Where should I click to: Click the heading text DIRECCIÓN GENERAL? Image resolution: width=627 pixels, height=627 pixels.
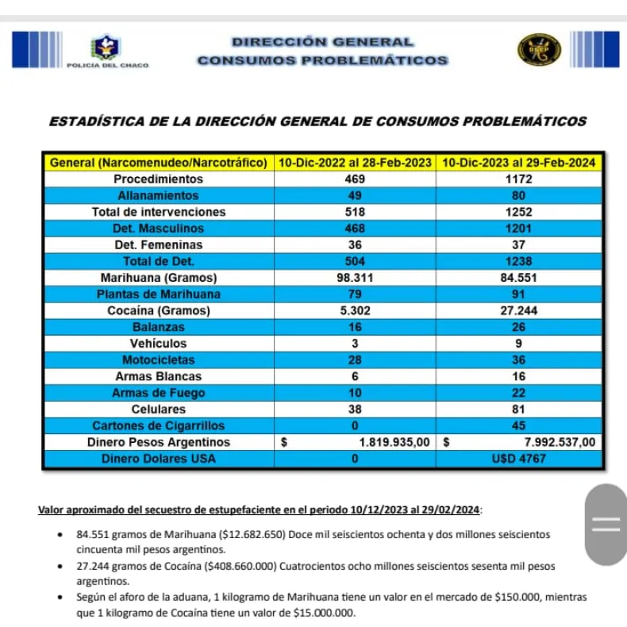pos(322,41)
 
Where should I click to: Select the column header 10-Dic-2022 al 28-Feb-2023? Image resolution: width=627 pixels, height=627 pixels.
pos(355,163)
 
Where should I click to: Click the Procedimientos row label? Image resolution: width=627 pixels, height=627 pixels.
pos(158,179)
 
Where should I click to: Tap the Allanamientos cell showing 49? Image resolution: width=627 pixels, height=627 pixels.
pos(355,195)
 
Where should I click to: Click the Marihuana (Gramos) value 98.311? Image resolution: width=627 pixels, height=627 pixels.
pos(355,278)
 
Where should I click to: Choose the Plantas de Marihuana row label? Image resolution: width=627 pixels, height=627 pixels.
pos(158,294)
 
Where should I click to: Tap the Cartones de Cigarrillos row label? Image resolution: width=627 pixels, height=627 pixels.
pos(158,426)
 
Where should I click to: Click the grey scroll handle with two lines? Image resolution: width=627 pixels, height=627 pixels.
pos(606,524)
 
